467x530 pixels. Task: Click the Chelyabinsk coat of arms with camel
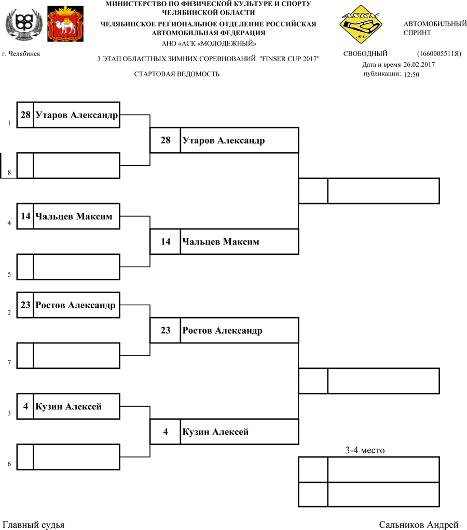[65, 24]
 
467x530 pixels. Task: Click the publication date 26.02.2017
[419, 65]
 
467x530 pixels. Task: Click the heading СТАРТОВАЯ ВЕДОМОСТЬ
[177, 74]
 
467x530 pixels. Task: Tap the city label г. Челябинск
[21, 53]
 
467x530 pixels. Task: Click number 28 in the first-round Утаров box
[25, 115]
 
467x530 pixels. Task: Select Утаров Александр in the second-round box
[224, 140]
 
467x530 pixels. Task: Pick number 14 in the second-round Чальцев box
[166, 241]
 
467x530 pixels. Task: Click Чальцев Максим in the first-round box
[74, 216]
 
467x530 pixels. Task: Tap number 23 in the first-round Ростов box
[25, 305]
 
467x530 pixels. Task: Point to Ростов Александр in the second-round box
[223, 331]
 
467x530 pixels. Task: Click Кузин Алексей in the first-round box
[68, 407]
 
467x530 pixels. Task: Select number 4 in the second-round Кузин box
[166, 432]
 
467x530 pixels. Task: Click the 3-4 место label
[365, 450]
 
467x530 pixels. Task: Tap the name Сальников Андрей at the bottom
[419, 525]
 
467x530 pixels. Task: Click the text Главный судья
[34, 525]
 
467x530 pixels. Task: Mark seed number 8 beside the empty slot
[9, 173]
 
